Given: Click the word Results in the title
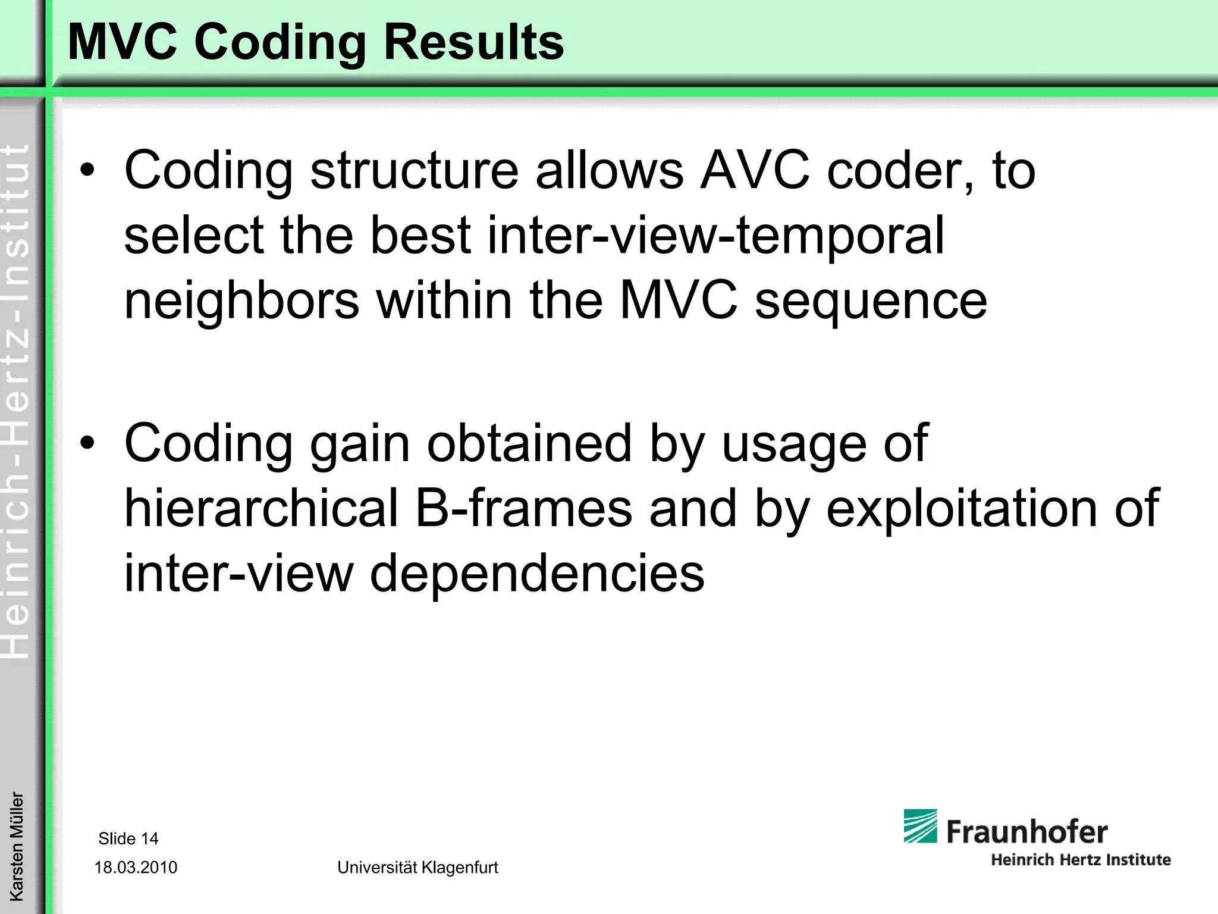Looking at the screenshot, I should coord(473,43).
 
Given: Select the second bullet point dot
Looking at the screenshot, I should coord(87,444).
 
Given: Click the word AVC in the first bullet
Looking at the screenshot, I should coord(755,171).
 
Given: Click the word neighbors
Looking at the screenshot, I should coord(241,301).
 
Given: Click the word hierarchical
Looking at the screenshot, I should coord(261,508).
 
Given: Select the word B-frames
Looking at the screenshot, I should coord(523,508).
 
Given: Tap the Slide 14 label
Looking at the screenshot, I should coord(128,838).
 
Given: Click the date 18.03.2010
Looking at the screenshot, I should coord(136,868).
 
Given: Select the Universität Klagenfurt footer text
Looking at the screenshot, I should coord(417,868).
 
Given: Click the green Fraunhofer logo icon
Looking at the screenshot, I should coord(920,826).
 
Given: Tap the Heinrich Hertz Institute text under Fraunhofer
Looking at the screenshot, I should coord(1081,860).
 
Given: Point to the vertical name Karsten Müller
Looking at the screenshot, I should coord(17,846).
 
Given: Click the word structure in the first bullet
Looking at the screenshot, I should coord(415,171).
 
